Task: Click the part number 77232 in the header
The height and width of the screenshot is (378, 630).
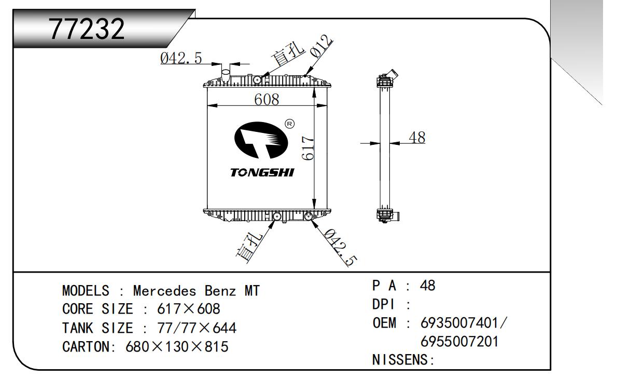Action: click(87, 30)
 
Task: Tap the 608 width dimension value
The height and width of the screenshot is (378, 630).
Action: click(267, 100)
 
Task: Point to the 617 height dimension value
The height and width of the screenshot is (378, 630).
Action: click(308, 148)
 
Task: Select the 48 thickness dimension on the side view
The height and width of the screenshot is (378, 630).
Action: click(417, 138)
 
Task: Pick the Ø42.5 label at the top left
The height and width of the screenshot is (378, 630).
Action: click(181, 59)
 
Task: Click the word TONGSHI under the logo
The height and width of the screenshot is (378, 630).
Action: click(262, 172)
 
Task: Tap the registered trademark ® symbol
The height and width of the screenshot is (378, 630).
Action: click(290, 124)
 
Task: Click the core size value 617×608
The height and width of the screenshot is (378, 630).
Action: click(189, 309)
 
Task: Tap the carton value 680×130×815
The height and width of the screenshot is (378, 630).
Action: click(177, 346)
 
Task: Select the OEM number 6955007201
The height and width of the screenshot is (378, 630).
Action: click(460, 342)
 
